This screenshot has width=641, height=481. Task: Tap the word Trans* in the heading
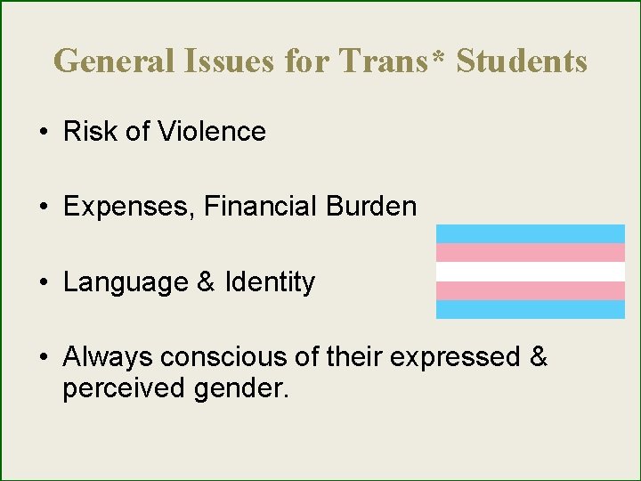pyautogui.click(x=396, y=61)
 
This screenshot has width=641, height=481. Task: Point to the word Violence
pyautogui.click(x=212, y=132)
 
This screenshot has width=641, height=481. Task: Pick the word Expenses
pyautogui.click(x=129, y=208)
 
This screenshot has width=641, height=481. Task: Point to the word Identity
pyautogui.click(x=270, y=282)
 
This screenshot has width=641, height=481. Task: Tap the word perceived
pyautogui.click(x=121, y=389)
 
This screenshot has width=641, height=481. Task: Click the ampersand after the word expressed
pyautogui.click(x=538, y=357)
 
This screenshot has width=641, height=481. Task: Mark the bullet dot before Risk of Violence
pyautogui.click(x=43, y=133)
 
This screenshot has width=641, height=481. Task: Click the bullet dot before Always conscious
pyautogui.click(x=43, y=358)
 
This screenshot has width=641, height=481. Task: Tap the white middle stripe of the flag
pyautogui.click(x=531, y=272)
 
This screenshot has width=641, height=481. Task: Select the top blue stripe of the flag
pyautogui.click(x=531, y=233)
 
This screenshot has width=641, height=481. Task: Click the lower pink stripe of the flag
pyautogui.click(x=531, y=290)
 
